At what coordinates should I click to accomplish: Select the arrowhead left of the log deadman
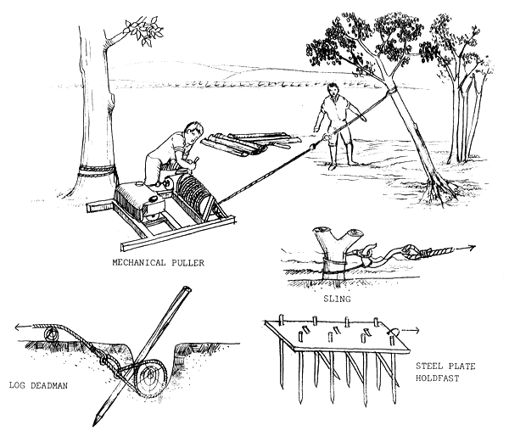tap(20, 326)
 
